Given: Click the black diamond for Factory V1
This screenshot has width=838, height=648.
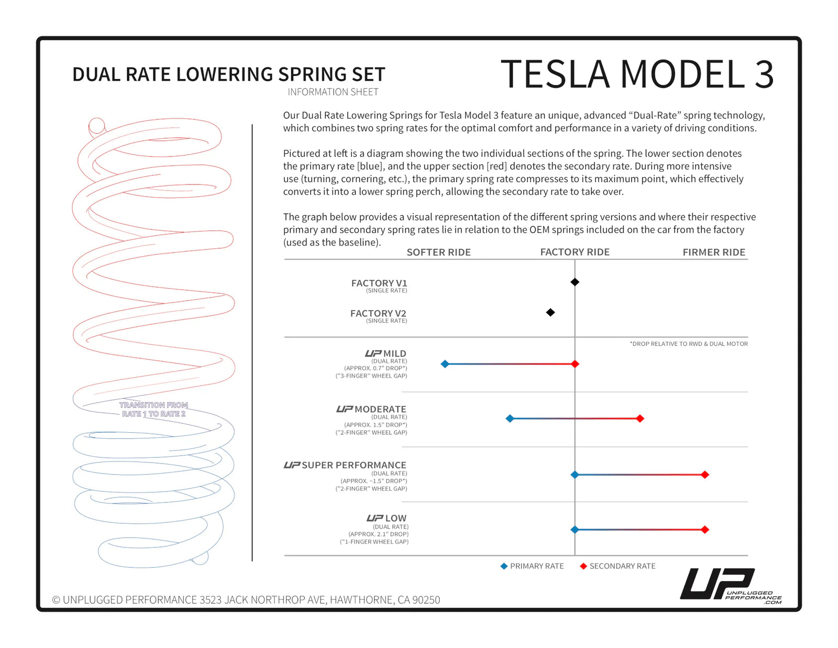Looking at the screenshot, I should (575, 282).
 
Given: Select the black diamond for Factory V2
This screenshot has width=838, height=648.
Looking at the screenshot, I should (550, 312).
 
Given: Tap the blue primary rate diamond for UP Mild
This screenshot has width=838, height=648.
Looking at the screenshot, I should (445, 364).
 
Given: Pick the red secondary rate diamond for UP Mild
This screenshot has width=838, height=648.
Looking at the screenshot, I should (575, 364).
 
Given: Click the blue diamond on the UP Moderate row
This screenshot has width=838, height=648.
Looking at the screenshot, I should (510, 419).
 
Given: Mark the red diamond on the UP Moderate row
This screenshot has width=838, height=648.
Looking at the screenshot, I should (639, 419).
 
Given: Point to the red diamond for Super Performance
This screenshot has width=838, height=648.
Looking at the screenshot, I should (705, 475).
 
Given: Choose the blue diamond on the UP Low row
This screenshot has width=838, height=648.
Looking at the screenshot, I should (575, 530).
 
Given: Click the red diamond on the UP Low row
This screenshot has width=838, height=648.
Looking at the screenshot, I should (705, 530).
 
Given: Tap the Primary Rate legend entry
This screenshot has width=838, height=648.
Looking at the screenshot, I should (532, 566).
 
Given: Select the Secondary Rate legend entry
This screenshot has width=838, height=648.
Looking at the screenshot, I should (618, 566).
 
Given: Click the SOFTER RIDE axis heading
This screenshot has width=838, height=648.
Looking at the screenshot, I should (438, 252).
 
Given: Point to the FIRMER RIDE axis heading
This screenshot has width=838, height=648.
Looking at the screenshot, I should (713, 252).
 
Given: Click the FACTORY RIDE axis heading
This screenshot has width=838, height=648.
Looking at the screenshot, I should (575, 252).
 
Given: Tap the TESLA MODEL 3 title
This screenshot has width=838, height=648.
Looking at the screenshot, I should (636, 74).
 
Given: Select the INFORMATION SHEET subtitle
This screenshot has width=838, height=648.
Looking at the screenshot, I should (333, 92).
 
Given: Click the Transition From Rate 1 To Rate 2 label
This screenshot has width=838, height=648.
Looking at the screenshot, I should (153, 409).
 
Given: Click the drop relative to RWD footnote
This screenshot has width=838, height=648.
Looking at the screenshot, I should (688, 344).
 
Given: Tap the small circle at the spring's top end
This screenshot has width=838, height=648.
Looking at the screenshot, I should (97, 126).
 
